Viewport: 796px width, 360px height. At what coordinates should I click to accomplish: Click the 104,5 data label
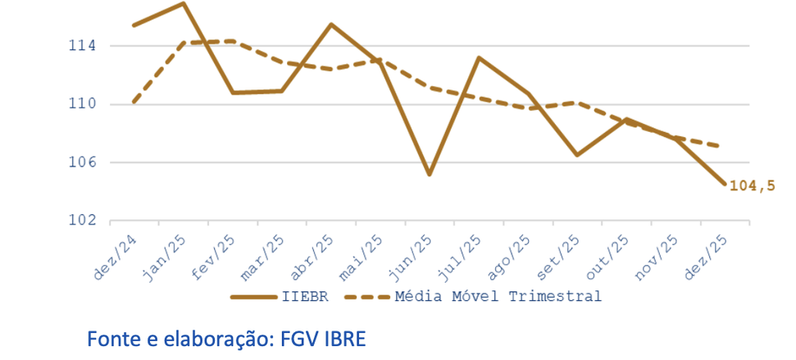[752, 186]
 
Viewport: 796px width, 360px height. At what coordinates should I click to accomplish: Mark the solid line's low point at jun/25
[429, 175]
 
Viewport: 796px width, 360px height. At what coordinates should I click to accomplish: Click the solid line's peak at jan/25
[183, 3]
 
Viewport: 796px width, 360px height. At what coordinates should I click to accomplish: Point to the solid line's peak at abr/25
[330, 24]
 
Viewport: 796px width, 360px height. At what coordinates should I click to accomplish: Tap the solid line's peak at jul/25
[478, 57]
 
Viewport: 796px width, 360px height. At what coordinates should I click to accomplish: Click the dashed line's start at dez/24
[134, 102]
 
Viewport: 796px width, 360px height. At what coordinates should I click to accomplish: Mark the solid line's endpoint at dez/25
[724, 184]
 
